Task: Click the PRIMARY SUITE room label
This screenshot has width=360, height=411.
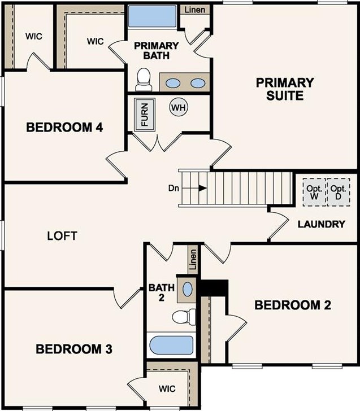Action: [284, 89]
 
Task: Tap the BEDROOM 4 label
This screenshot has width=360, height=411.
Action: [64, 128]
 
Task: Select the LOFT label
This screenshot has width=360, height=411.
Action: [62, 235]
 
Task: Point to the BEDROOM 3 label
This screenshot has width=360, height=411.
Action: [73, 349]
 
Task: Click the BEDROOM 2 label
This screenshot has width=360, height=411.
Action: [293, 305]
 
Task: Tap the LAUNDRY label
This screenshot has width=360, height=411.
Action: [321, 224]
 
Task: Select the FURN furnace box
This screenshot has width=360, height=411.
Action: [145, 113]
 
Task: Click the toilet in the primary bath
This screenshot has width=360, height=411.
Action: [144, 79]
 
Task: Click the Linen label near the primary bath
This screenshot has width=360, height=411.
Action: [196, 9]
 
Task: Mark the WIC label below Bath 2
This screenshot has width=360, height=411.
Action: [167, 389]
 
